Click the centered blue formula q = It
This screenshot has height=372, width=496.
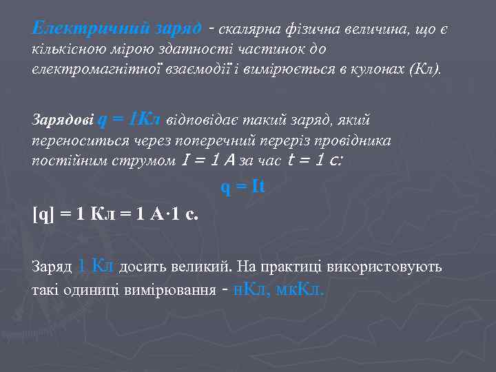click(x=242, y=187)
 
